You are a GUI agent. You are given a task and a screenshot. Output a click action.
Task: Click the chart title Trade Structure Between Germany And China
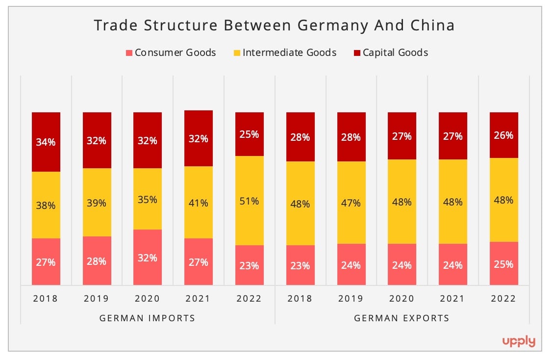274,26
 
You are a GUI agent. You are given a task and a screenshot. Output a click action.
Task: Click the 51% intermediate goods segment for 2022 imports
249,201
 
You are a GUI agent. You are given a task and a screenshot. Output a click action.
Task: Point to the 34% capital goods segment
46,142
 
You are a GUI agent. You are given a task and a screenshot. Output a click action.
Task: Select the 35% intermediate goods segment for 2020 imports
148,199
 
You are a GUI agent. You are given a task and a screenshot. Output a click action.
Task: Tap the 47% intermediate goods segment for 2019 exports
351,203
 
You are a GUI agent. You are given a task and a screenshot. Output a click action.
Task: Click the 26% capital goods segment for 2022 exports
503,135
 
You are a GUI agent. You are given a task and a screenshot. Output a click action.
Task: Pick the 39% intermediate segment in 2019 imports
97,203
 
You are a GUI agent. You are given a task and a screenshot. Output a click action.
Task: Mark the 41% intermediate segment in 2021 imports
199,203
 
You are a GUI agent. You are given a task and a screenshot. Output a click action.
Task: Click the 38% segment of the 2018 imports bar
46,205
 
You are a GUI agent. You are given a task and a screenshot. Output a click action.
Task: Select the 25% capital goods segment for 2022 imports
249,134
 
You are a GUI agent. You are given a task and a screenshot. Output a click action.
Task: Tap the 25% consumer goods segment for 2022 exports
503,263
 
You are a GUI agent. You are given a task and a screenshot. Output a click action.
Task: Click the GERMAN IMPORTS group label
147,318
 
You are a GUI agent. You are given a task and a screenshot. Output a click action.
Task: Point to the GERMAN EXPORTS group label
402,318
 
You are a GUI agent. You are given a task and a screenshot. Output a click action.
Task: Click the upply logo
519,341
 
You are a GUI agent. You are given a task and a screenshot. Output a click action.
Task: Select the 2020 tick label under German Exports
402,299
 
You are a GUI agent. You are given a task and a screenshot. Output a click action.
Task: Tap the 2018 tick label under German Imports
46,299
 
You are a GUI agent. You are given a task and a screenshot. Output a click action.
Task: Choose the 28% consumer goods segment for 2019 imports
97,261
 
